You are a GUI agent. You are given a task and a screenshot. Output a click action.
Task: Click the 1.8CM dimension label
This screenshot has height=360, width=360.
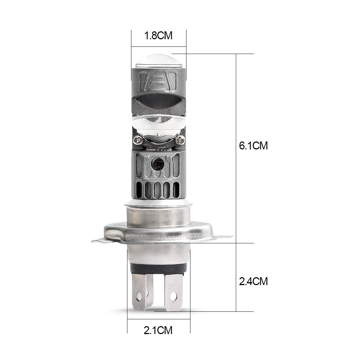pyautogui.click(x=158, y=36)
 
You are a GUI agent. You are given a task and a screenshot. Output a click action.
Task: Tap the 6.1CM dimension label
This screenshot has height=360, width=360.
pyautogui.click(x=253, y=146)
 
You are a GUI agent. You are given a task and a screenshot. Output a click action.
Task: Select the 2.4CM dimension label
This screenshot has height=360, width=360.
pyautogui.click(x=253, y=281)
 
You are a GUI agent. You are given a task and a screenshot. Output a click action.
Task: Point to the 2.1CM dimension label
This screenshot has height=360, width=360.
pyautogui.click(x=158, y=330)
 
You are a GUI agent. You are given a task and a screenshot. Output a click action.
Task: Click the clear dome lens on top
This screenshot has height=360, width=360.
pyautogui.click(x=159, y=60)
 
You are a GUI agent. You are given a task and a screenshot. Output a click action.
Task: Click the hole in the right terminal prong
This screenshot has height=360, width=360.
pyautogui.click(x=174, y=297)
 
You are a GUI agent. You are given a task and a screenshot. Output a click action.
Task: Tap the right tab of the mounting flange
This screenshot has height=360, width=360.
pyautogui.click(x=223, y=237)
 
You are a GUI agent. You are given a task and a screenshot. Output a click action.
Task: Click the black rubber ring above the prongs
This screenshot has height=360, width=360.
pyautogui.click(x=158, y=269)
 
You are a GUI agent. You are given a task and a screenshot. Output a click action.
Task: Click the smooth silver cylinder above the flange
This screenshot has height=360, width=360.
pyautogui.click(x=158, y=216)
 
